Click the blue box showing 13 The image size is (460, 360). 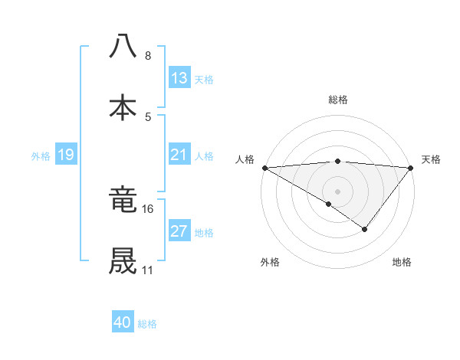[179, 78]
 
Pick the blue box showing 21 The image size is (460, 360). [179, 155]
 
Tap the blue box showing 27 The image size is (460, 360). [179, 231]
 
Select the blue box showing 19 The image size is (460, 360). [65, 155]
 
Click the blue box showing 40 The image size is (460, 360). [123, 323]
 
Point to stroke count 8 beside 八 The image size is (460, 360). [147, 56]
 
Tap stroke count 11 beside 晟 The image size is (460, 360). [147, 270]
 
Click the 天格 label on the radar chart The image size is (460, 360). [431, 159]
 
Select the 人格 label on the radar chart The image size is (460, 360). [245, 159]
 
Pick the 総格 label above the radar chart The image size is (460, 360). [337, 100]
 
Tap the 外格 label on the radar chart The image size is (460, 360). [270, 262]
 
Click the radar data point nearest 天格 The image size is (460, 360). [411, 167]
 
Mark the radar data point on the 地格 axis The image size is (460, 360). [365, 229]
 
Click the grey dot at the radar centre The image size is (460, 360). [337, 191]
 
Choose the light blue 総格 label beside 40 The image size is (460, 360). [147, 324]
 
